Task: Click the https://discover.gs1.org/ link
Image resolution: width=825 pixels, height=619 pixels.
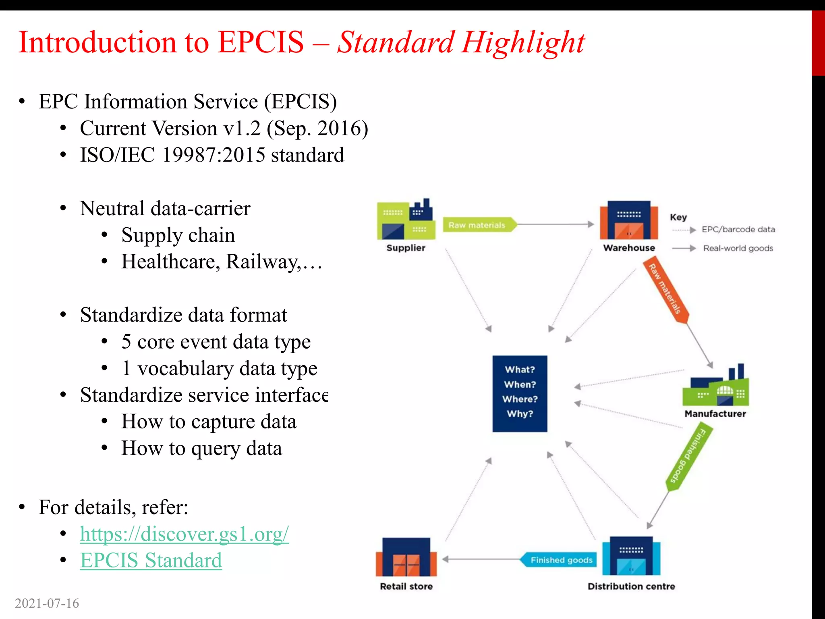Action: [x=184, y=534]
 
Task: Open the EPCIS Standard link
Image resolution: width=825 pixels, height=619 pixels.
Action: [x=151, y=561]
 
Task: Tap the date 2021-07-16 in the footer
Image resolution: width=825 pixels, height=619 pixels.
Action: [x=47, y=603]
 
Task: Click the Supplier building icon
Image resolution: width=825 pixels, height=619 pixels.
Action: [x=406, y=220]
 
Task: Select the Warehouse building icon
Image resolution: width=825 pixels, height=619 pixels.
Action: [x=628, y=220]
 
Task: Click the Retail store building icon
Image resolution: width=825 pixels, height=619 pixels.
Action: [x=406, y=557]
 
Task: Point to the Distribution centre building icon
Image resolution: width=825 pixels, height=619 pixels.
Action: [x=631, y=556]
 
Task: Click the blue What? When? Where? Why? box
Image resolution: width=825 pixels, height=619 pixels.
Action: [x=520, y=393]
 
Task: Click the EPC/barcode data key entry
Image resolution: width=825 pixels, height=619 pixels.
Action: [x=738, y=230]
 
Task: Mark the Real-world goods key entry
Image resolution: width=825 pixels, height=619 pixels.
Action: [x=738, y=248]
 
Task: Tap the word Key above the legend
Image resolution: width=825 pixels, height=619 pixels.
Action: [x=678, y=217]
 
